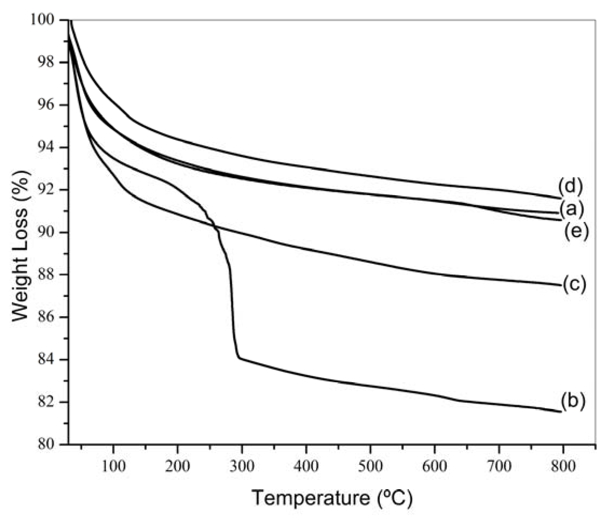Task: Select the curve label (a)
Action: tap(571, 209)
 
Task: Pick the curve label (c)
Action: tap(574, 284)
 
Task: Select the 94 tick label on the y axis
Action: tap(46, 147)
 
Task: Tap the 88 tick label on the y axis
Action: tap(46, 275)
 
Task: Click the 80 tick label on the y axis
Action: tap(46, 444)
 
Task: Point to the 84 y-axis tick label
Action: tap(46, 360)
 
